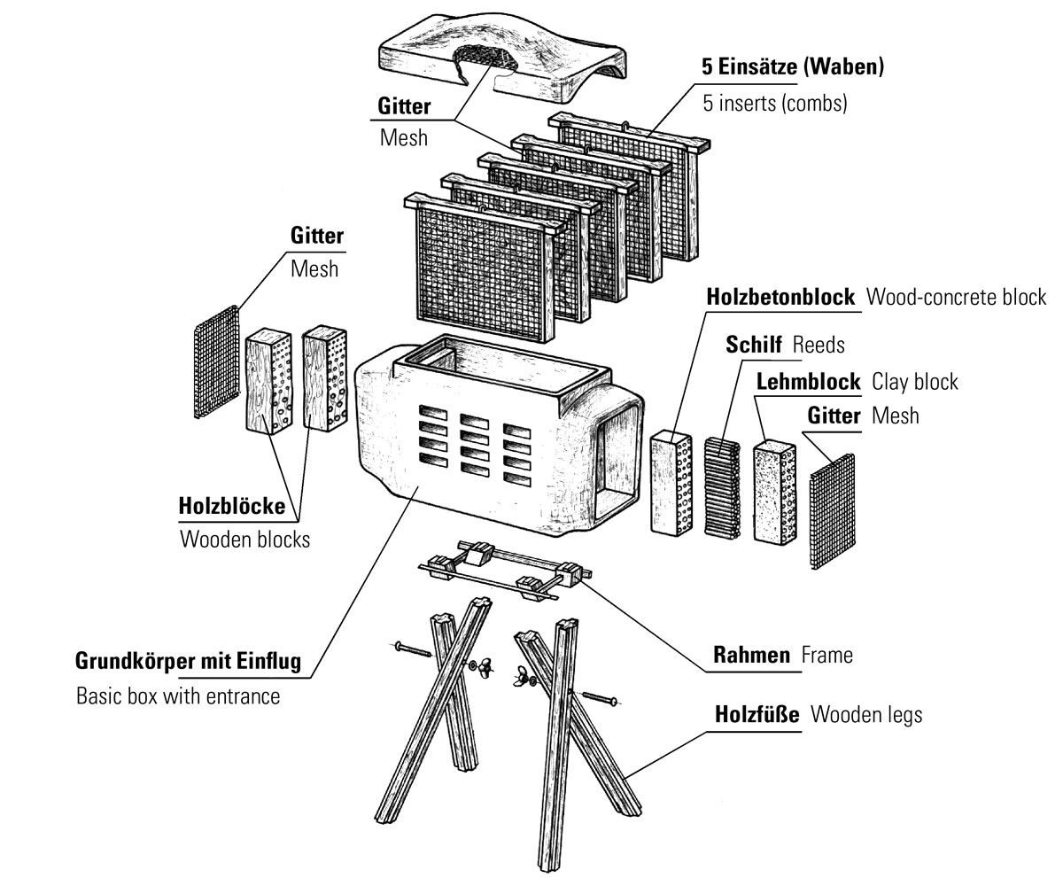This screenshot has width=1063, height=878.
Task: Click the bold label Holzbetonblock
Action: click(x=781, y=297)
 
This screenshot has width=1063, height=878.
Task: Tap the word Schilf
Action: click(x=754, y=344)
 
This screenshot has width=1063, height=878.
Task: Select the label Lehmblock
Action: click(x=808, y=381)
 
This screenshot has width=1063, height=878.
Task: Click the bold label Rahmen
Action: click(x=751, y=656)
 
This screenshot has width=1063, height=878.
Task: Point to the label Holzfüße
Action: click(x=757, y=714)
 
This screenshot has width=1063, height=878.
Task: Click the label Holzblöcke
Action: click(x=232, y=507)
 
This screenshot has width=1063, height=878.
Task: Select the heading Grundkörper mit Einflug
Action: click(x=189, y=661)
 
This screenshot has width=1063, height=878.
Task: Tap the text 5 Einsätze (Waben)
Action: click(x=794, y=67)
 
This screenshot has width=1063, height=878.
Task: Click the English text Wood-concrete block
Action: click(x=956, y=297)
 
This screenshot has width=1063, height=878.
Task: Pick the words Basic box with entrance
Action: click(x=178, y=695)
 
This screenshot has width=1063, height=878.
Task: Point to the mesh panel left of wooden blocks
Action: click(x=217, y=361)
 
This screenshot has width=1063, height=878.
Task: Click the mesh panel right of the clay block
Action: click(x=833, y=510)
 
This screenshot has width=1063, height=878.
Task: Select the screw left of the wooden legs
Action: click(x=408, y=651)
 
